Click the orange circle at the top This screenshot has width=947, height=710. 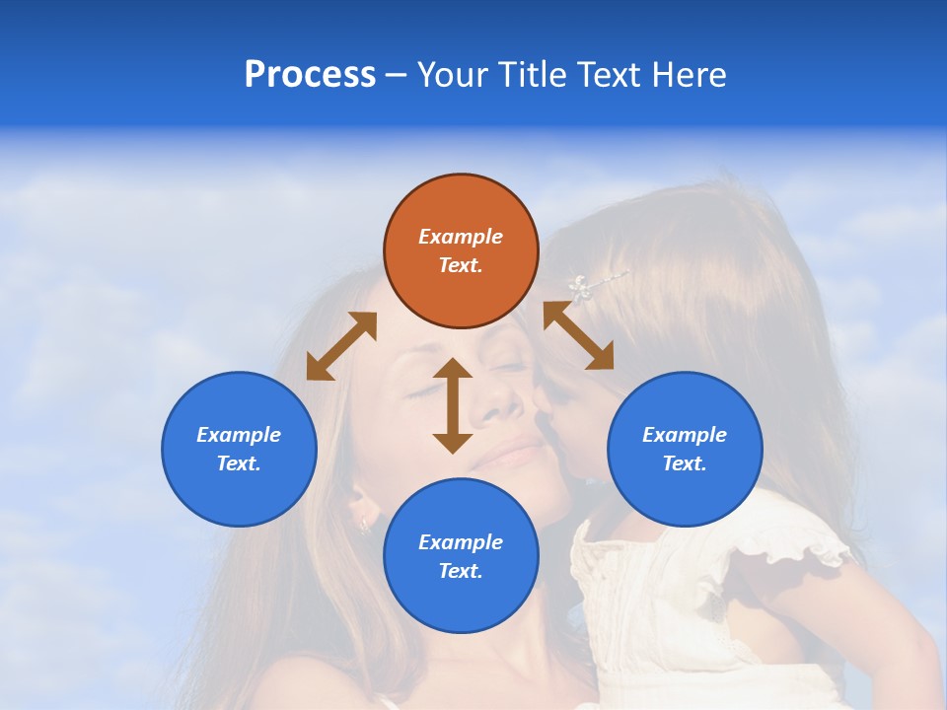click(461, 250)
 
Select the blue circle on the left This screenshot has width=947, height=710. click(239, 449)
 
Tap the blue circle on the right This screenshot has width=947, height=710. click(685, 449)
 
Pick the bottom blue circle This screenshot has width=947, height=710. click(461, 556)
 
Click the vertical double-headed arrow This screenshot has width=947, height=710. click(453, 405)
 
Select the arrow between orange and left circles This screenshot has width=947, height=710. click(341, 346)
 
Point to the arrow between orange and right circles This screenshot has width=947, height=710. click(579, 336)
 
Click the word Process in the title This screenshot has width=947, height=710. click(310, 74)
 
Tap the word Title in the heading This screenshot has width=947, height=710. click(534, 74)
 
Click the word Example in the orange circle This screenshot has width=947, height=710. click(461, 237)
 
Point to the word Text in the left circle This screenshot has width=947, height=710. click(238, 463)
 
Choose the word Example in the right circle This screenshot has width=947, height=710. click(685, 435)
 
